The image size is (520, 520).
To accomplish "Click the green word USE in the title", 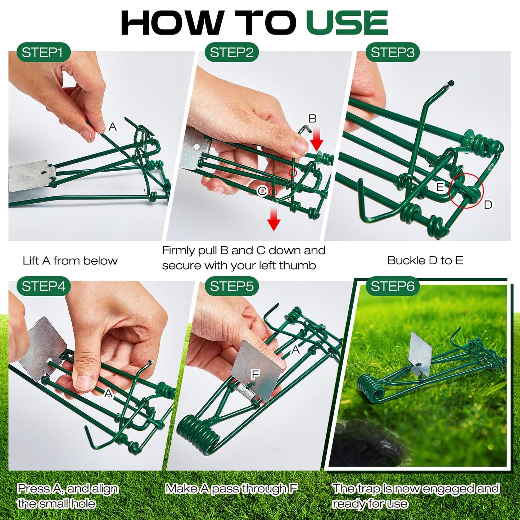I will pyautogui.click(x=347, y=23).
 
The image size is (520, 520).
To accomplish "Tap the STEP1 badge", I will pyautogui.click(x=43, y=53).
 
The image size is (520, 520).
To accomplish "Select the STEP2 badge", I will pyautogui.click(x=231, y=53).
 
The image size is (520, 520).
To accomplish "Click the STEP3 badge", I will pyautogui.click(x=392, y=53).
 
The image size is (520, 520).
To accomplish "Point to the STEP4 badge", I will pyautogui.click(x=43, y=286).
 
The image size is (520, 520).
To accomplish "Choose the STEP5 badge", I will pyautogui.click(x=231, y=286).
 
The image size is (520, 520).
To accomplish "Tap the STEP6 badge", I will pyautogui.click(x=392, y=286).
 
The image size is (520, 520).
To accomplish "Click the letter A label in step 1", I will pyautogui.click(x=113, y=127).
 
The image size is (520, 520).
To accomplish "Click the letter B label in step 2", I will pyautogui.click(x=312, y=118).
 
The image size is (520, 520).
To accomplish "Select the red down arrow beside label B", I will pyautogui.click(x=317, y=140).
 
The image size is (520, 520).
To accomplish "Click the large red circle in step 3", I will pyautogui.click(x=466, y=191).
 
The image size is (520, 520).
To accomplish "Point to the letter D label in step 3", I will pyautogui.click(x=488, y=205).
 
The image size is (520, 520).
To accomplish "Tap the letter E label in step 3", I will pyautogui.click(x=440, y=187).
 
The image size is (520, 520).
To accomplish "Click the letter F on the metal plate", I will pyautogui.click(x=255, y=375).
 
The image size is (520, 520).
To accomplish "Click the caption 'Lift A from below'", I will pyautogui.click(x=70, y=261).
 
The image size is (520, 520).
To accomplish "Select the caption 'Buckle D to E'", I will pyautogui.click(x=425, y=260).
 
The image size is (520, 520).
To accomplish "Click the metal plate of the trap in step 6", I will pyautogui.click(x=421, y=353).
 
